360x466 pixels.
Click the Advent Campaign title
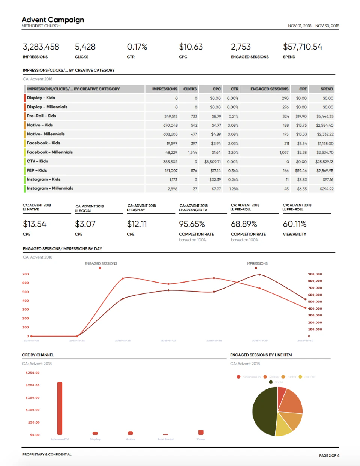click(x=53, y=20)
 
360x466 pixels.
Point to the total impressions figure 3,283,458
click(x=41, y=47)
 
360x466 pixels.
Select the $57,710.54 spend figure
click(x=303, y=47)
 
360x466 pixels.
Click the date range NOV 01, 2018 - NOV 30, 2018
click(x=313, y=26)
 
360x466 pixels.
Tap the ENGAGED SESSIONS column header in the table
click(x=269, y=89)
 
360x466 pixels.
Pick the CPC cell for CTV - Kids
click(x=213, y=162)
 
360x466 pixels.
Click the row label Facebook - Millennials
click(x=49, y=152)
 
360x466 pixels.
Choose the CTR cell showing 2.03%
click(x=233, y=143)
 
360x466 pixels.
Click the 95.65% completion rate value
click(x=192, y=224)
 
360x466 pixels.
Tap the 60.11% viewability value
click(x=295, y=224)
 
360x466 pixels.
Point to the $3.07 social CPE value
click(x=85, y=224)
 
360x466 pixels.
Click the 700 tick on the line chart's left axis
click(x=25, y=274)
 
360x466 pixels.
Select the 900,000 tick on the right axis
click(x=315, y=274)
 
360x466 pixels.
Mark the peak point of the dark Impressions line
click(x=259, y=275)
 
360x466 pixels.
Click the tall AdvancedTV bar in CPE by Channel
click(x=60, y=408)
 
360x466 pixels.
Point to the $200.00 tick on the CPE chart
click(x=33, y=385)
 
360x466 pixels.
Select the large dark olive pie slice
click(x=264, y=411)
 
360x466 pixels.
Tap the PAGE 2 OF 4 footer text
click(x=329, y=455)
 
